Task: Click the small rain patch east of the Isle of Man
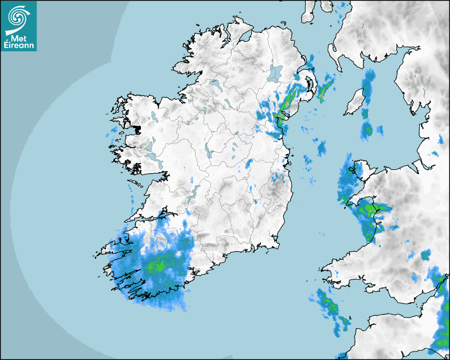[x=380, y=129]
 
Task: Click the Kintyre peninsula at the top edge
[x=309, y=11]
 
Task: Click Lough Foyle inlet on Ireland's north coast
[x=245, y=38]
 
